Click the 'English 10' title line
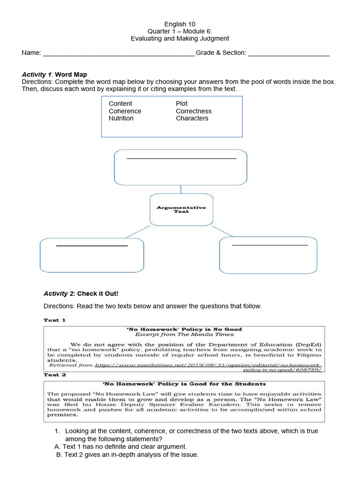(180, 24)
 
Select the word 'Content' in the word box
(120, 104)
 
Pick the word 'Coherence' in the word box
(125, 111)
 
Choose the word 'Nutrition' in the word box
(121, 119)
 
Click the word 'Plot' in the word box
(182, 104)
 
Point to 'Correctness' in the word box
(194, 111)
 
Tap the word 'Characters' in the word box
(192, 119)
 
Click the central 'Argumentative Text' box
(181, 209)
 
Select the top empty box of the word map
(181, 167)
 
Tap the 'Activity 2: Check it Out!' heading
(81, 294)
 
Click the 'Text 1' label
(55, 320)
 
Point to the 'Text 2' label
(55, 375)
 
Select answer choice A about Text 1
(121, 447)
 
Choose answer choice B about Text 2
(127, 455)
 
